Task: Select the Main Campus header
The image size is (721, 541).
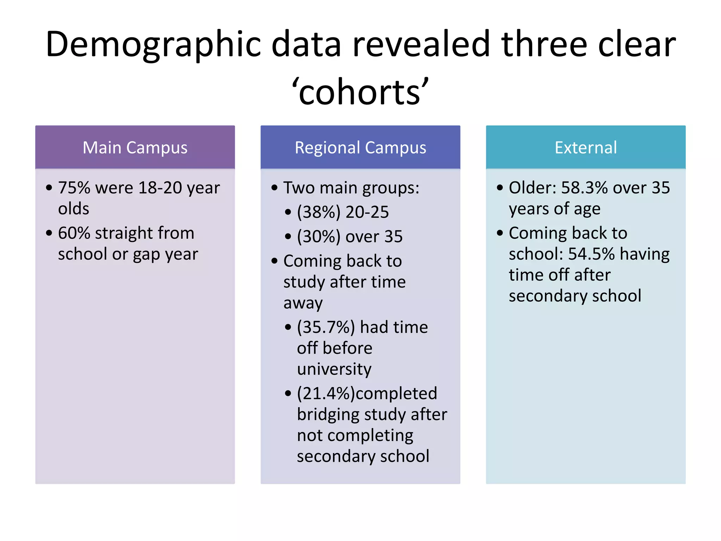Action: click(135, 147)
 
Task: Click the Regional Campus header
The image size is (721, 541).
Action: click(360, 147)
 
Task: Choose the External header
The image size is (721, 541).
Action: click(585, 147)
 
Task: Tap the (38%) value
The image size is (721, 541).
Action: click(319, 212)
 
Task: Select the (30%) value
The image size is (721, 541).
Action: click(319, 236)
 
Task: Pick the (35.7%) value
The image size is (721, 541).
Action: click(326, 327)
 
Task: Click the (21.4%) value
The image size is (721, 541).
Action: click(326, 393)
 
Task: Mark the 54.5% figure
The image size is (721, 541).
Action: click(591, 254)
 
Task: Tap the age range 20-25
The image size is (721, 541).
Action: click(367, 212)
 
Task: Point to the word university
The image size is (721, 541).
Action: click(334, 369)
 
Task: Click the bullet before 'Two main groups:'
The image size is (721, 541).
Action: click(275, 188)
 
